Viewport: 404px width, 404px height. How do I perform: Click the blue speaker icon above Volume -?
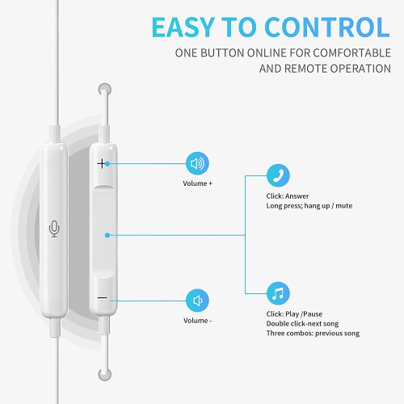point(197,301)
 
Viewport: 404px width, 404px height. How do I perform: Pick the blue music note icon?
point(279,292)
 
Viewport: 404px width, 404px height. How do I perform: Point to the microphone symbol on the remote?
point(54,229)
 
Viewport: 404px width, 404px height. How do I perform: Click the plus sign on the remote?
point(103,163)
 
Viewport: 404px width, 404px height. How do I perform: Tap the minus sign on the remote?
point(103,298)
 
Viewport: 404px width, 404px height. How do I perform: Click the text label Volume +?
point(197,183)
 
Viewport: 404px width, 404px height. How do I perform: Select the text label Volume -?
point(197,321)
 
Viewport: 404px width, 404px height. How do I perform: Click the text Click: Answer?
point(288,195)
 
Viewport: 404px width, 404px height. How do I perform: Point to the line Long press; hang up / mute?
point(309,206)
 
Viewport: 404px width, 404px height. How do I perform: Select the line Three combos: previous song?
point(312,333)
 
